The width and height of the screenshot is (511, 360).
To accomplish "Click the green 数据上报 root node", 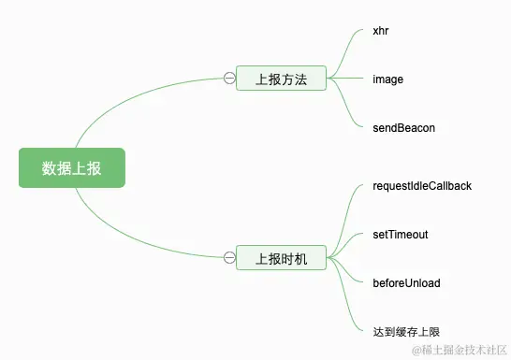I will point(71,168).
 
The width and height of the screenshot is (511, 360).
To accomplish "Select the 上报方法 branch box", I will point(281,79).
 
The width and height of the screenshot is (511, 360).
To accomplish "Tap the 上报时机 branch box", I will point(281,257).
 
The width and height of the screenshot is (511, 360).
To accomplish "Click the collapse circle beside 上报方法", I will point(229,79).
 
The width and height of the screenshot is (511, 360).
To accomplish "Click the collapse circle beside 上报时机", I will point(229,257).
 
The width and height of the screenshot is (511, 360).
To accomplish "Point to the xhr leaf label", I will point(380,31).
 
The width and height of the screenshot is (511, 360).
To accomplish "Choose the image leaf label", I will point(387,79).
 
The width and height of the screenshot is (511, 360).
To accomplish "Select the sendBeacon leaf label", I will point(403,127).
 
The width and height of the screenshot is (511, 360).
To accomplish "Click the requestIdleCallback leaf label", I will point(421,185).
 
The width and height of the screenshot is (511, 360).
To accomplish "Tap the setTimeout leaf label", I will point(400,234).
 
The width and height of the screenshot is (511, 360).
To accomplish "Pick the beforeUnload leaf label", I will point(406,282).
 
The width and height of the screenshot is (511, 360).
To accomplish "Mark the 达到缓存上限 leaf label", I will point(405,331).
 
